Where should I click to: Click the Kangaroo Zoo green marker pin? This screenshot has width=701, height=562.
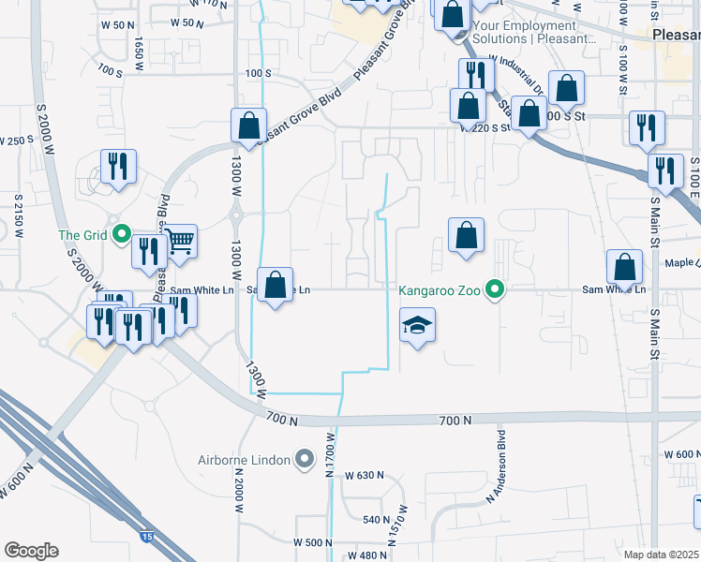tap(497, 290)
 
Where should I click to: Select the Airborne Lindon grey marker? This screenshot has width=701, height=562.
tap(304, 460)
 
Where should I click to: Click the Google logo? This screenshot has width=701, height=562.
tap(31, 551)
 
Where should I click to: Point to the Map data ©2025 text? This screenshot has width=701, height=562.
tap(662, 555)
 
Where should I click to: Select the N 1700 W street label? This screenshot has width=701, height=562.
tap(330, 455)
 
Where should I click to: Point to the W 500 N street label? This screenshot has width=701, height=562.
tap(314, 543)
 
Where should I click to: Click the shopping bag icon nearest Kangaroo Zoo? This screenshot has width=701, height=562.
tap(466, 236)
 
